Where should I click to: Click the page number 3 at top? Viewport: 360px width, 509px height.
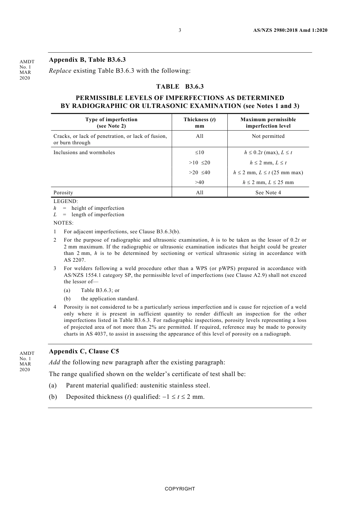coord(180,30)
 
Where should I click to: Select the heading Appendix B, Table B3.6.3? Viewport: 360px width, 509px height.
coord(87,59)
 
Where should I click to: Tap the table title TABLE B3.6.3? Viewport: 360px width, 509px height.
coord(180,87)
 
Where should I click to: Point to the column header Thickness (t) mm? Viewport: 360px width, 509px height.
coord(199,123)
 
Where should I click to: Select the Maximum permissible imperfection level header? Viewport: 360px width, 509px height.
coord(268,123)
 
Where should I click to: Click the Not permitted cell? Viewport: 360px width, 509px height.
coord(268,136)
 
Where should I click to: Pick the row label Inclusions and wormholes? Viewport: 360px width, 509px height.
coord(84,153)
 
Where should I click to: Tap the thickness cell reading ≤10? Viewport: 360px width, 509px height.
coord(199,153)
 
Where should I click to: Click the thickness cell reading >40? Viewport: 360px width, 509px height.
coord(199,183)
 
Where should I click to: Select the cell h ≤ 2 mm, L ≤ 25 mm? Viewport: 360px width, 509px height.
coord(268,183)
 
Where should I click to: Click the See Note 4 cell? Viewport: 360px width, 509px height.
coord(268,193)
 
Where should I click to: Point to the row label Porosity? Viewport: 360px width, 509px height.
coord(63,193)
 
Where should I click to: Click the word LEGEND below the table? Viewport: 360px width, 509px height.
coord(66,201)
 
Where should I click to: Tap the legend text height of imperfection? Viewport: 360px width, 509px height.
coord(98,208)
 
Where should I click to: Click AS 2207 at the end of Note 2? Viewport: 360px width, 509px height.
coord(75,260)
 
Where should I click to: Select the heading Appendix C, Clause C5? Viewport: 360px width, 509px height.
coord(84,351)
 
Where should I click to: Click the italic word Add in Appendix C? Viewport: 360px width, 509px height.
coord(55,362)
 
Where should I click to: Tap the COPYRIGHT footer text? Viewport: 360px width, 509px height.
coord(180,489)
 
